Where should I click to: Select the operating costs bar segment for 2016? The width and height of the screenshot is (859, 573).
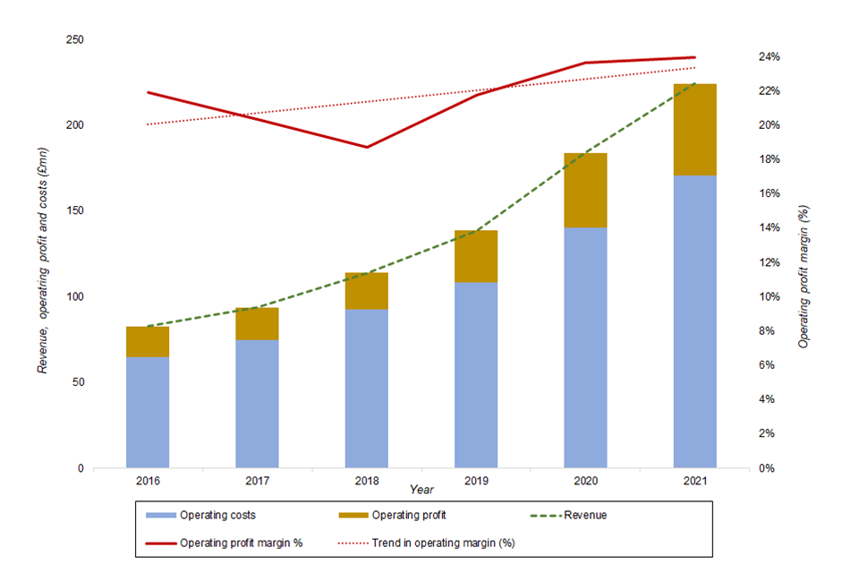(x=148, y=412)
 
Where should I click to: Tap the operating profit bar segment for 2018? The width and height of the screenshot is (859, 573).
(x=366, y=291)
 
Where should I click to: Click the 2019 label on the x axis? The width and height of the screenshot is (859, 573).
(x=476, y=481)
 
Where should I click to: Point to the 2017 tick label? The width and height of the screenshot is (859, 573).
(x=257, y=481)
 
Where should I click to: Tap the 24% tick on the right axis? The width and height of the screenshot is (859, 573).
(x=770, y=56)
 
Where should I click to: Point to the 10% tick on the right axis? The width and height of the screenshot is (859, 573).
(x=770, y=296)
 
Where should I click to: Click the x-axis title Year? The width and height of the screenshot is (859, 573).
(x=422, y=490)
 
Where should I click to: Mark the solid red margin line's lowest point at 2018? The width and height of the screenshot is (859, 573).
(x=366, y=147)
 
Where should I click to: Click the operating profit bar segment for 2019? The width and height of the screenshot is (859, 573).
(x=476, y=256)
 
